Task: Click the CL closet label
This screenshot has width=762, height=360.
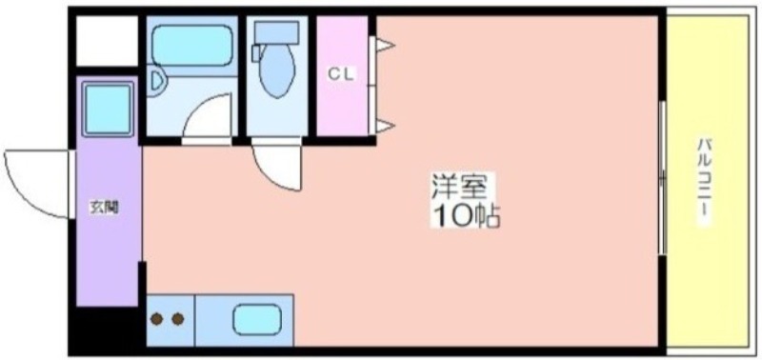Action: point(342,74)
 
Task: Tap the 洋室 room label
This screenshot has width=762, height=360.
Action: point(458,187)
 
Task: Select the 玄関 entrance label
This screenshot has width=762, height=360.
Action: point(104,208)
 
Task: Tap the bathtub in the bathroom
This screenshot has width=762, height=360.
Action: point(191,45)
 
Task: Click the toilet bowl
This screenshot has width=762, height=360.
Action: point(277,70)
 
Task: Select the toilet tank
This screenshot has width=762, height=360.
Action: point(276,33)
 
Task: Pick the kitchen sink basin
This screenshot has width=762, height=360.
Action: point(256,320)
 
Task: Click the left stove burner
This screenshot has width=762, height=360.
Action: point(156,319)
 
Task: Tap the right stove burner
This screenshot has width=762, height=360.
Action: point(178,319)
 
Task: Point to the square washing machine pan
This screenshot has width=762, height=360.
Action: point(108,110)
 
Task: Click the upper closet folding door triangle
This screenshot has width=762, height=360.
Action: point(385,46)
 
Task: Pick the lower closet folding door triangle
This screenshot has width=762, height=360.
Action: point(385,127)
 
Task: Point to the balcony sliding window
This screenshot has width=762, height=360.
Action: point(661,178)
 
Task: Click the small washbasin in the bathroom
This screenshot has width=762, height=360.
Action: point(157,81)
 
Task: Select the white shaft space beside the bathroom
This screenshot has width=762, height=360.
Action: point(107,41)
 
